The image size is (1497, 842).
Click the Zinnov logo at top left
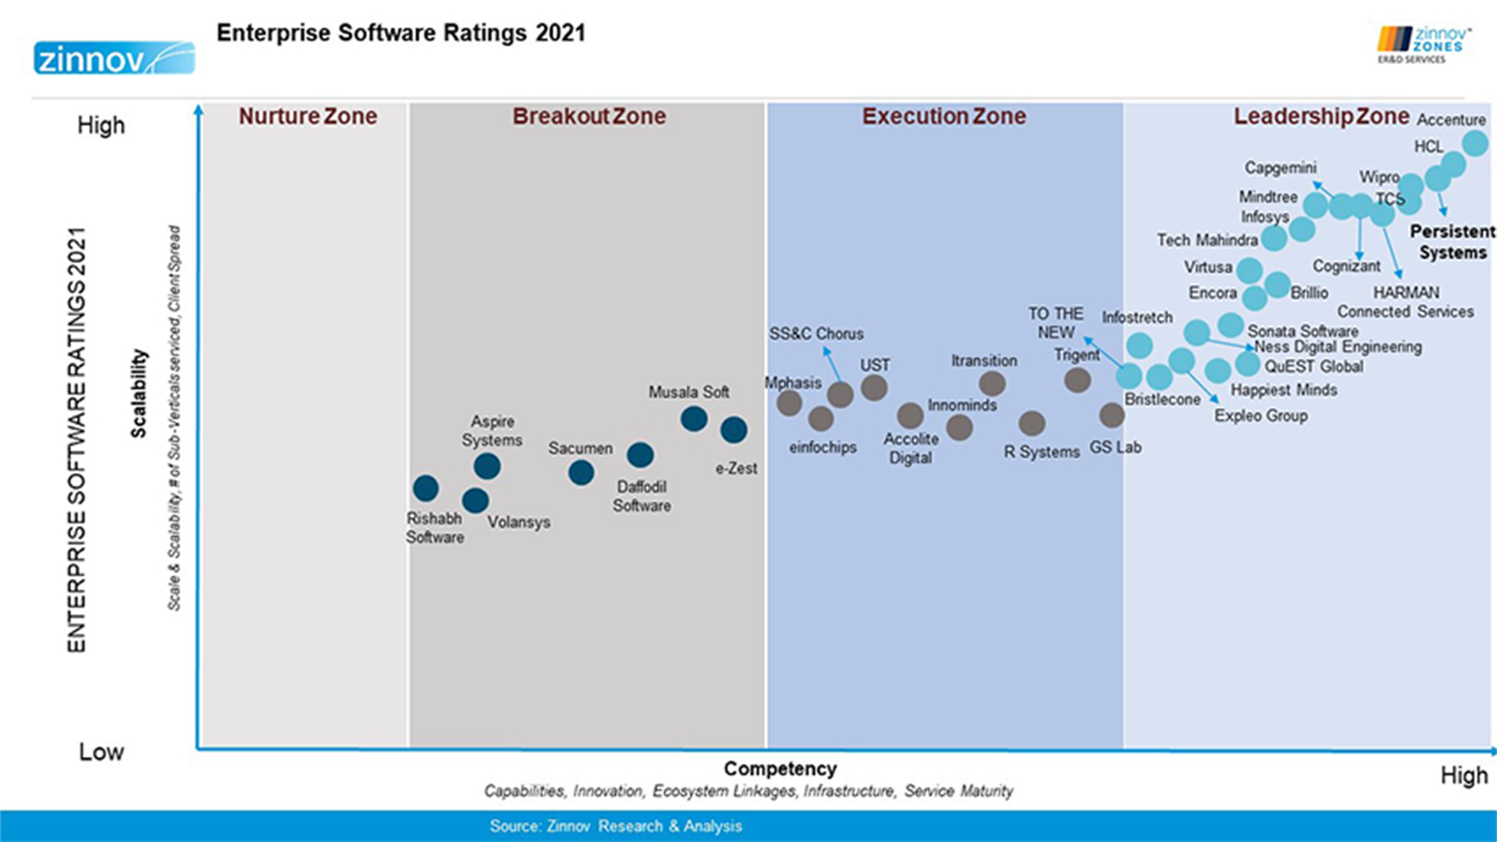pyautogui.click(x=114, y=58)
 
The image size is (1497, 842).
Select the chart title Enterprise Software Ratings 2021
pyautogui.click(x=401, y=33)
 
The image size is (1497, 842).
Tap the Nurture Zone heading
pyautogui.click(x=307, y=116)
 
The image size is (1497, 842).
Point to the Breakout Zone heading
pyautogui.click(x=588, y=116)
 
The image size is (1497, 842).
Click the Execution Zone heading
pyautogui.click(x=943, y=116)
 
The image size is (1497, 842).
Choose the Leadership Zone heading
pyautogui.click(x=1320, y=116)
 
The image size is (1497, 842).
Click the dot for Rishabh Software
pyautogui.click(x=425, y=488)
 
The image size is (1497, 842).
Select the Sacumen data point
pyautogui.click(x=580, y=473)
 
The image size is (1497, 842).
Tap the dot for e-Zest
pyautogui.click(x=734, y=430)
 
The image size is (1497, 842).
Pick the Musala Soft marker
pyautogui.click(x=694, y=418)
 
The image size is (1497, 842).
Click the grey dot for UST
pyautogui.click(x=874, y=388)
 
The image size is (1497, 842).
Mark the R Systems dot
pyautogui.click(x=1032, y=424)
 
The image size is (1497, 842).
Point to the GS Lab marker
pyautogui.click(x=1112, y=415)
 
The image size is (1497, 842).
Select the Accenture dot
pyautogui.click(x=1476, y=143)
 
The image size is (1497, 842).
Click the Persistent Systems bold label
pyautogui.click(x=1452, y=241)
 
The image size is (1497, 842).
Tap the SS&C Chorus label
pyautogui.click(x=815, y=334)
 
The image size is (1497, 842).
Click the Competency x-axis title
pyautogui.click(x=780, y=769)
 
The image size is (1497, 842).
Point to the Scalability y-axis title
pyautogui.click(x=139, y=393)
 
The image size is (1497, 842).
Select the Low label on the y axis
pyautogui.click(x=101, y=752)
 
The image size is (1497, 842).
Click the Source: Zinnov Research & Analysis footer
pyautogui.click(x=616, y=826)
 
